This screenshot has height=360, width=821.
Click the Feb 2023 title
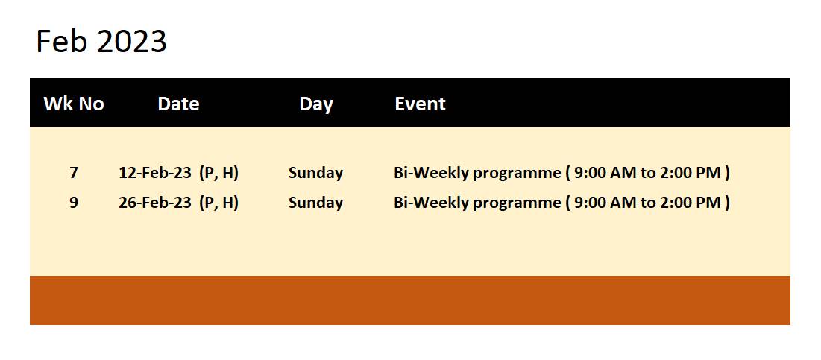click(x=101, y=41)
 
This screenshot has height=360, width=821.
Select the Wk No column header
click(x=74, y=104)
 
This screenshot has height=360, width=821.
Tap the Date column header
click(x=178, y=104)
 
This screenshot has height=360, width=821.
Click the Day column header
click(x=316, y=104)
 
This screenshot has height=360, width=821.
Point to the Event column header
click(x=420, y=104)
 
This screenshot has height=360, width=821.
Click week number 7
click(x=74, y=173)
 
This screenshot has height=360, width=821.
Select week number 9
click(x=74, y=203)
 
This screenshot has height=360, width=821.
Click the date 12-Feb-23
click(x=155, y=173)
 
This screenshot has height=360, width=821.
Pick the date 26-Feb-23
click(x=155, y=203)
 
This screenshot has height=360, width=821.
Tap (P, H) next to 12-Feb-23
click(x=219, y=173)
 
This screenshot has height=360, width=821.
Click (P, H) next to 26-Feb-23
click(x=219, y=203)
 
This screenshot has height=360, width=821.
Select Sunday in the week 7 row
click(x=315, y=173)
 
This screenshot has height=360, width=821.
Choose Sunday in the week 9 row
click(x=315, y=203)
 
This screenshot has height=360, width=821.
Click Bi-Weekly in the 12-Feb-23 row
click(x=431, y=173)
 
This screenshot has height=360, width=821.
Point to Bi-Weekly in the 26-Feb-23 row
click(x=431, y=203)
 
